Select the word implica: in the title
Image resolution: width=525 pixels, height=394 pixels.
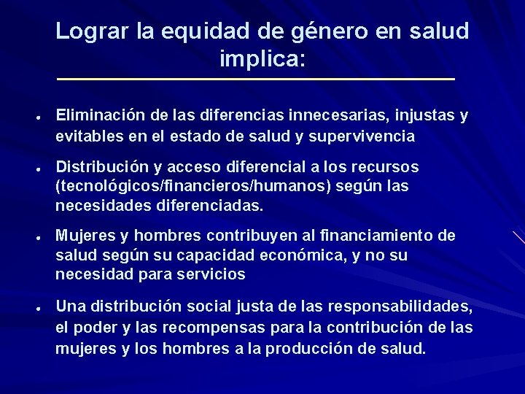tap(262, 59)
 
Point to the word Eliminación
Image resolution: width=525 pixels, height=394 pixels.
tap(101, 115)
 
